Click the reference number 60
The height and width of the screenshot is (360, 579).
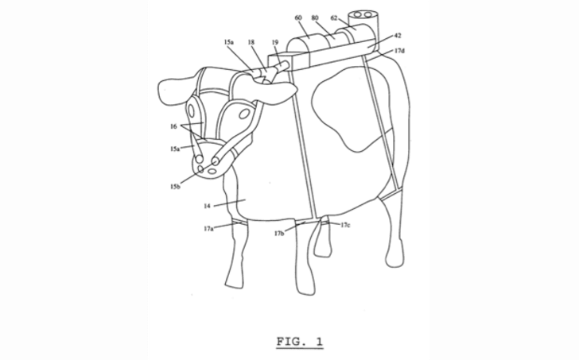[x=298, y=17]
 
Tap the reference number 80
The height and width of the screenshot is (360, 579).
[x=315, y=17]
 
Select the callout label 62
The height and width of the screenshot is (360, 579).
[x=334, y=17]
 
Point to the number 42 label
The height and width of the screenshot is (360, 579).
[x=398, y=36]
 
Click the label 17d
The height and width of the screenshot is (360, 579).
[x=399, y=51]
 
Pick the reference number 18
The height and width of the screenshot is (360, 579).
[x=251, y=42]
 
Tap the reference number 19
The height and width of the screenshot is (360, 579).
[x=275, y=42]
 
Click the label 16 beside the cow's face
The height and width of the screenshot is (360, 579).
[x=173, y=126]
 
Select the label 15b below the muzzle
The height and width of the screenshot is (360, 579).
[x=175, y=187]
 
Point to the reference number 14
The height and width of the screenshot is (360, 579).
[x=207, y=206]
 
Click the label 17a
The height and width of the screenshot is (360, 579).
[x=208, y=229]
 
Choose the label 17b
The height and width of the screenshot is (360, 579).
[x=279, y=233]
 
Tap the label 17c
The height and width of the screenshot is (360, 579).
[x=345, y=225]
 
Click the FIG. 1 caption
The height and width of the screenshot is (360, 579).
[x=300, y=342]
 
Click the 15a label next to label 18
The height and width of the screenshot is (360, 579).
[x=229, y=42]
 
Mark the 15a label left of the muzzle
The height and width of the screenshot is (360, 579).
[x=175, y=149]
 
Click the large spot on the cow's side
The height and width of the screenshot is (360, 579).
[x=349, y=110]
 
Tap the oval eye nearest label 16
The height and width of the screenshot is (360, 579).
[x=191, y=110]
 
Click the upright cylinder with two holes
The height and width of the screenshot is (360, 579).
[x=363, y=24]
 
